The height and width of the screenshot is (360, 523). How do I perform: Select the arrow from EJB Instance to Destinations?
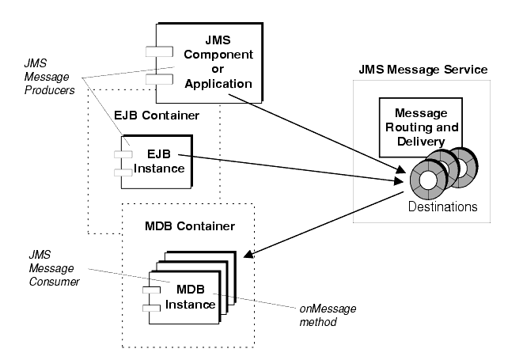click(x=293, y=169)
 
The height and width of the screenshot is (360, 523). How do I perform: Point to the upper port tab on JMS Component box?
click(x=153, y=52)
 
